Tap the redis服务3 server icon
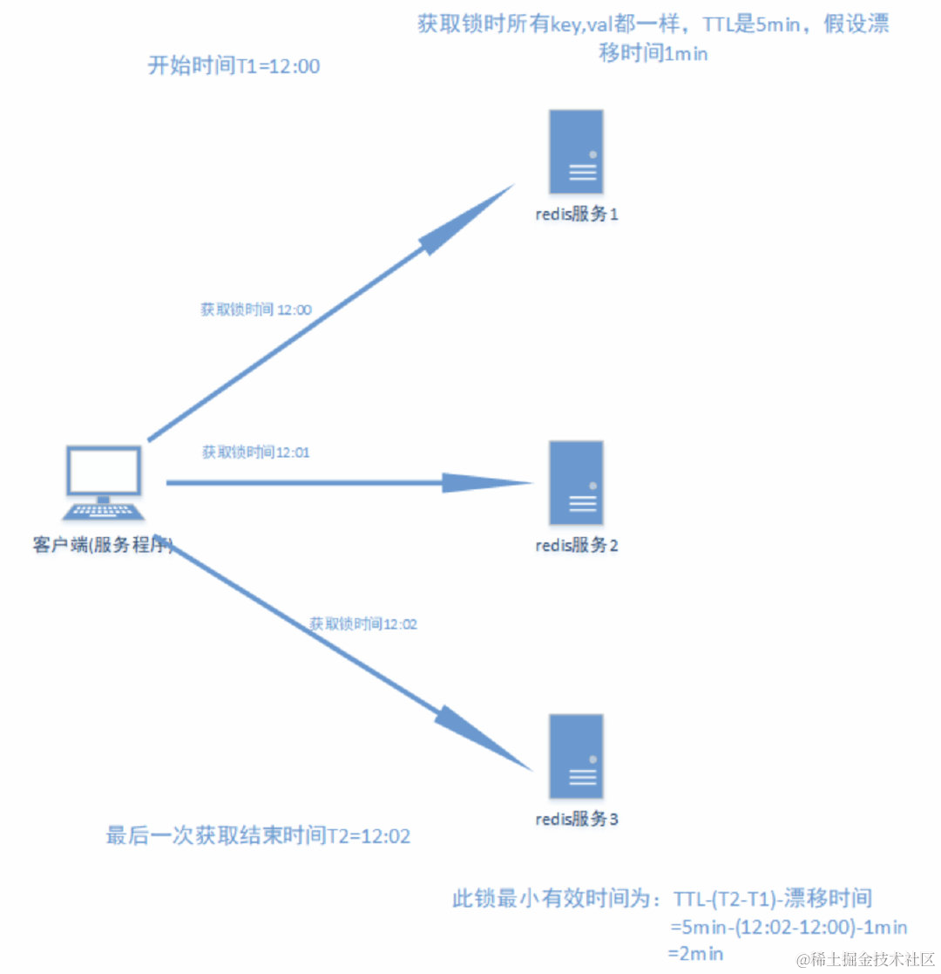pos(576,756)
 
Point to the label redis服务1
pos(577,214)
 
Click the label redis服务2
pos(577,546)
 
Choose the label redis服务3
pos(577,820)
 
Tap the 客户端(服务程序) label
pos(101,546)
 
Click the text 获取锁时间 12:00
pos(256,310)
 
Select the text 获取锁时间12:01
pos(256,452)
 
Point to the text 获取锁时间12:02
pos(364,623)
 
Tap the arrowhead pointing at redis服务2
pos(488,482)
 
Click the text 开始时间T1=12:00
pos(234,66)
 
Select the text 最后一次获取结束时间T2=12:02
pos(258,835)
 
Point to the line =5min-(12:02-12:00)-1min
pos(789,926)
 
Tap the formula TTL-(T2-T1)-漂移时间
pos(773,898)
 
